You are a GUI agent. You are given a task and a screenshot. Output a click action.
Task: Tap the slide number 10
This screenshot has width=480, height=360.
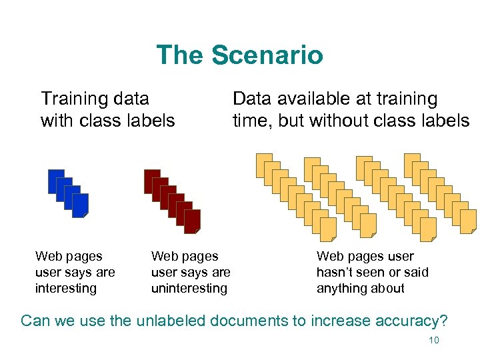tap(433, 341)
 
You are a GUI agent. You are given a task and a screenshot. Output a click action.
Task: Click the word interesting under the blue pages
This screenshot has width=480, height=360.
tap(66, 289)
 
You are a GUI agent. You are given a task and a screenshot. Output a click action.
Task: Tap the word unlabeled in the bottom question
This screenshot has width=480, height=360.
tap(170, 320)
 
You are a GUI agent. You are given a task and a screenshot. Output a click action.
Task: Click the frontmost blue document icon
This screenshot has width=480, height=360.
tap(81, 206)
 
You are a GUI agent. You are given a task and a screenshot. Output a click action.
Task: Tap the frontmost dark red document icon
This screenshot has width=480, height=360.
tap(193, 222)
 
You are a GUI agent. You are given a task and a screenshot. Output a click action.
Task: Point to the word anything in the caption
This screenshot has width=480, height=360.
tap(341, 289)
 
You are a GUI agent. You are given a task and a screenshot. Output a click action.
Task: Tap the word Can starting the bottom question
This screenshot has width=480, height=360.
tap(35, 320)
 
